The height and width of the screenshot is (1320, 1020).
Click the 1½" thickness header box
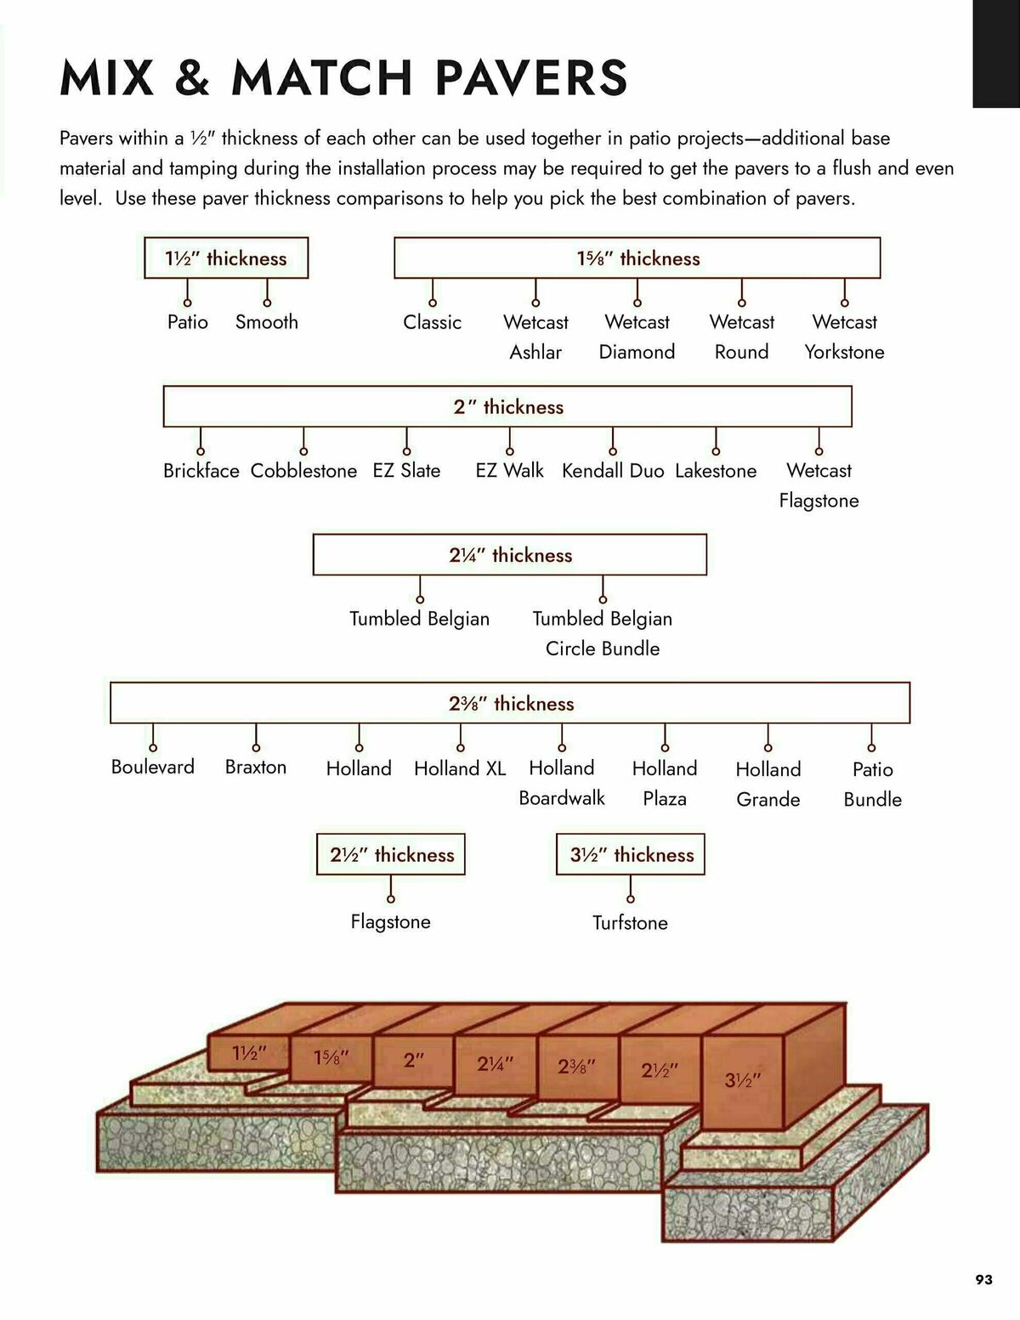[226, 258]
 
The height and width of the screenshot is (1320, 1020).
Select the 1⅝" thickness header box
[637, 258]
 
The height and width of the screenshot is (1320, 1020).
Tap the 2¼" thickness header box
[510, 555]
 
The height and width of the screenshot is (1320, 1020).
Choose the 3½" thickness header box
[631, 854]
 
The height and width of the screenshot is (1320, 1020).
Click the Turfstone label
[630, 922]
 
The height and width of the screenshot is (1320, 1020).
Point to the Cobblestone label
[303, 471]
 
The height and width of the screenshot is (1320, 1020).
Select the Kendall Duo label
[613, 471]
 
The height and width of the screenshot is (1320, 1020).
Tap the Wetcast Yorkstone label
[844, 337]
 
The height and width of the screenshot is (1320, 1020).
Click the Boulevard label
[153, 767]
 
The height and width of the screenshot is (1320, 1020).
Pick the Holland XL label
[460, 768]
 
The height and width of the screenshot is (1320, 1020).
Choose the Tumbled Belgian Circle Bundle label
[603, 633]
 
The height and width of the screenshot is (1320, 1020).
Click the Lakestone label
[716, 471]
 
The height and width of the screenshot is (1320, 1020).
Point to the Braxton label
[256, 767]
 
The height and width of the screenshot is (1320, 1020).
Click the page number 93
[983, 1279]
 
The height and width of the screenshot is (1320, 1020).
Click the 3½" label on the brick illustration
[742, 1080]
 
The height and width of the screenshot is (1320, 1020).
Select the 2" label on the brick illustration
[414, 1060]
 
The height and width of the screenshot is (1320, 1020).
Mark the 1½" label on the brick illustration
[250, 1053]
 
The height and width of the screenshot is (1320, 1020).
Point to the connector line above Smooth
[267, 292]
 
